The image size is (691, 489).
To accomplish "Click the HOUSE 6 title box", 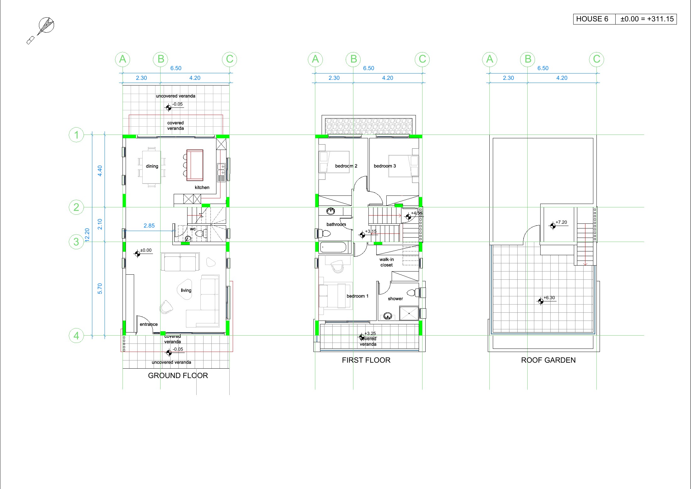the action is tap(594, 19).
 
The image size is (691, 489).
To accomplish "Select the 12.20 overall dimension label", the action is tap(87, 235).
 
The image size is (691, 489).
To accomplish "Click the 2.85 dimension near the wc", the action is tap(149, 226).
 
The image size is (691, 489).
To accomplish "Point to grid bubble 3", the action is tap(76, 242).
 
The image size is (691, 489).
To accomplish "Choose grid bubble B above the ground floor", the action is tap(161, 59).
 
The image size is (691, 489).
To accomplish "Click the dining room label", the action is tap(152, 166).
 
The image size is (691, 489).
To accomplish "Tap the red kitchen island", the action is tap(195, 165).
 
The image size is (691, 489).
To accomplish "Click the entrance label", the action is tap(149, 324).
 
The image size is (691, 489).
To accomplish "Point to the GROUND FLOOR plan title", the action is tap(178, 376).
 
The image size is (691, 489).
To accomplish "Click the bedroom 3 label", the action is tap(385, 166).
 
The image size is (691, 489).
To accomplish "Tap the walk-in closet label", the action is tap(387, 262).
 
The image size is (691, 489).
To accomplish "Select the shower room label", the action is tap(395, 299).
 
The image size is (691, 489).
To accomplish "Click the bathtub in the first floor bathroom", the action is tap(333, 247).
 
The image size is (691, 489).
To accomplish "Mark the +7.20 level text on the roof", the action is tap(561, 222).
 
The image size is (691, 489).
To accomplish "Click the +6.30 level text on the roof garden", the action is tap(549, 298).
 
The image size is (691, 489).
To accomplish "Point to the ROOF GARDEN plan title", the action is tap(548, 360).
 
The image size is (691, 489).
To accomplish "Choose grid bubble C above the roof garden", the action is tap(596, 59).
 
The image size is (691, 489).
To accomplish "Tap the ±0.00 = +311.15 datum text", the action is tap(647, 19).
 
